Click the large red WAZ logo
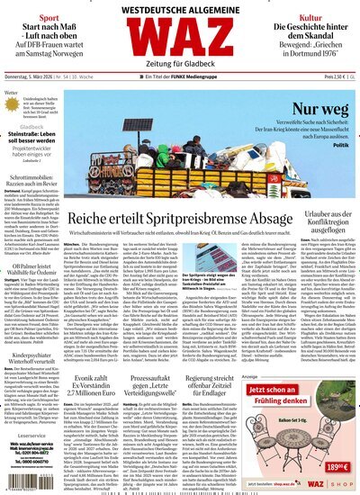[x=179, y=42]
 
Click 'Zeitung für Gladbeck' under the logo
[x=179, y=71]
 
